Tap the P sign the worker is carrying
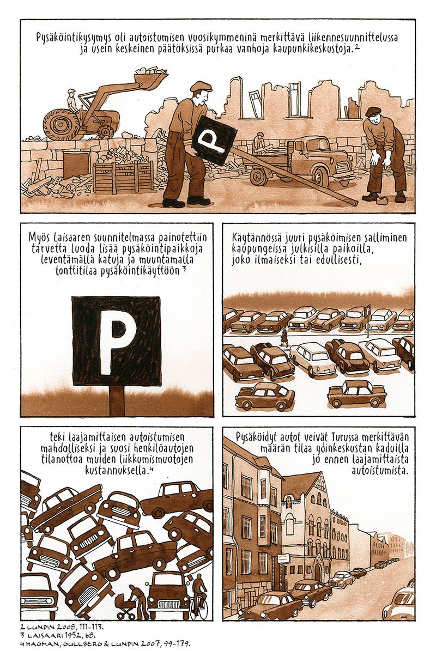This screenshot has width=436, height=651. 214,141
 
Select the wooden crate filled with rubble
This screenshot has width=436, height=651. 123,174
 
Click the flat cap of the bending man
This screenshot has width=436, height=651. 373,111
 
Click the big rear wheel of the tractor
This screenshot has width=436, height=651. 61,125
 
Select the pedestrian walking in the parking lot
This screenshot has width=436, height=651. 284,338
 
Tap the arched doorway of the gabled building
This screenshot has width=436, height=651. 318,570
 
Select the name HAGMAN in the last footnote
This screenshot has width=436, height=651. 38,643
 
